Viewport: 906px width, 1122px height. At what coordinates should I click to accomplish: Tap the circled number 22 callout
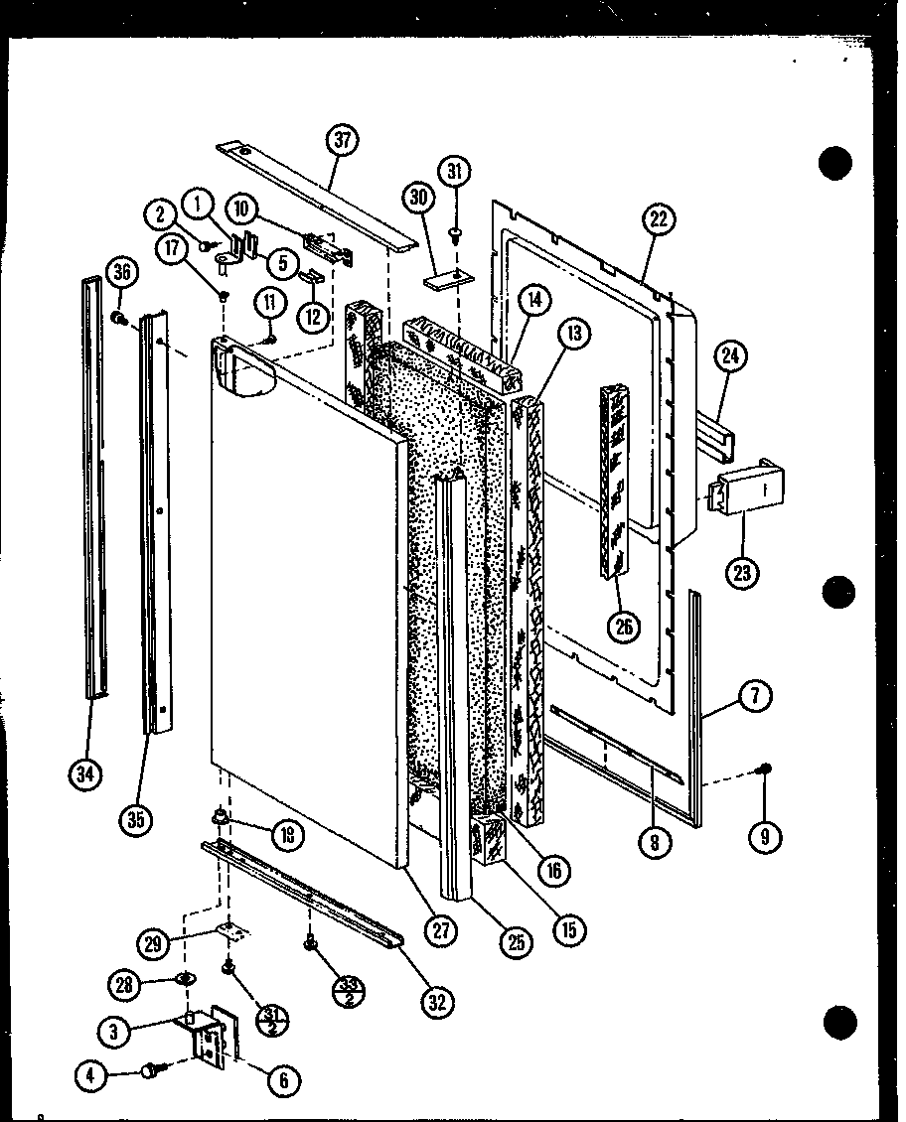(658, 219)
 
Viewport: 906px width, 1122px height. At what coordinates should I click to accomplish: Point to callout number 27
(441, 929)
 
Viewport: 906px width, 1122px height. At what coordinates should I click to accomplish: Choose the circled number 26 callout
(626, 627)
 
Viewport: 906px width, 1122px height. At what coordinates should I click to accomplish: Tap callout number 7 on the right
(754, 697)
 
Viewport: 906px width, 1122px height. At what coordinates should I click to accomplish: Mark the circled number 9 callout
(764, 837)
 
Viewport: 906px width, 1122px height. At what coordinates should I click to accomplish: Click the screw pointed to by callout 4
(155, 1070)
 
